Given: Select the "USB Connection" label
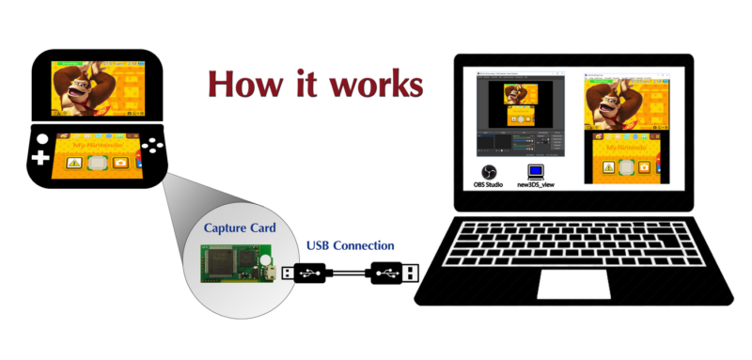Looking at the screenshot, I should [x=351, y=246].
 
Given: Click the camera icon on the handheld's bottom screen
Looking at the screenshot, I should [x=120, y=163].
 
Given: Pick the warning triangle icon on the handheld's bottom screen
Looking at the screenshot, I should [x=73, y=163].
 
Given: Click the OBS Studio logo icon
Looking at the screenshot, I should [x=489, y=171].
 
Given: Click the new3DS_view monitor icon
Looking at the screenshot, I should [x=536, y=171].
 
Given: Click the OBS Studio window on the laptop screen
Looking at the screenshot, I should [x=520, y=114].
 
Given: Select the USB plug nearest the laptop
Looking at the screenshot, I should [x=392, y=273].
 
